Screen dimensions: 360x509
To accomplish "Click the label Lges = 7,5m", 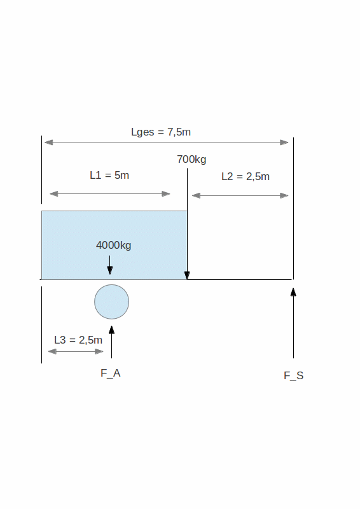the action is [161, 132].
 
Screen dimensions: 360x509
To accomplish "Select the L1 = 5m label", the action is [109, 176].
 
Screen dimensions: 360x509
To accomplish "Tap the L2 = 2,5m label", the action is [246, 177].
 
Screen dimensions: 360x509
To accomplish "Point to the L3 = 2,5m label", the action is [78, 340].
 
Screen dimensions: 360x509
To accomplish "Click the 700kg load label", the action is [191, 160].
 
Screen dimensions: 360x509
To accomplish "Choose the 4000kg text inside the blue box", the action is [114, 245].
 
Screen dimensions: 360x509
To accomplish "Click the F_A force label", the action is [111, 373].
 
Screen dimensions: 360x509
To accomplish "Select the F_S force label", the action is [293, 375].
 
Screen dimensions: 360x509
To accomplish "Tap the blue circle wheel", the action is [112, 302].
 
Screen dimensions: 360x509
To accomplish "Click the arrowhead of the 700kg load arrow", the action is [187, 276].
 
